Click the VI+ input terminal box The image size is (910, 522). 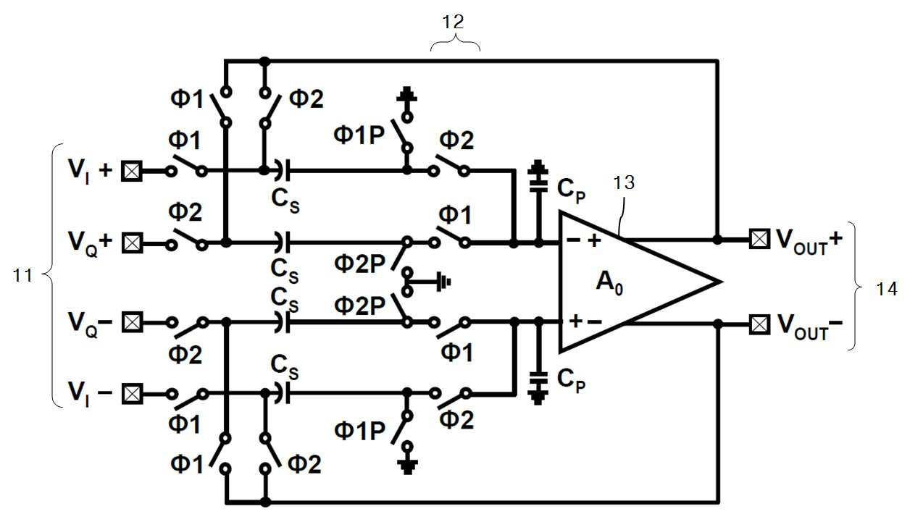[132, 172]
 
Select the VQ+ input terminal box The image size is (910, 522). [132, 243]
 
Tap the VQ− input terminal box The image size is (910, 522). [132, 323]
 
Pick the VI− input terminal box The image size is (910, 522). [132, 394]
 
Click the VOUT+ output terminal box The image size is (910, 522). [759, 239]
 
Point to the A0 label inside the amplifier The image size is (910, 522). [609, 282]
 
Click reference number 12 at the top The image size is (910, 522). [453, 22]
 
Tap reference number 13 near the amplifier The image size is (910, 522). [624, 183]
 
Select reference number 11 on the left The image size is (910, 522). [22, 276]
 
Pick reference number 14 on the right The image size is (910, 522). [886, 290]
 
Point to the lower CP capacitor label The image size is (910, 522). [571, 380]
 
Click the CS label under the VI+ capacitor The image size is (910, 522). [285, 201]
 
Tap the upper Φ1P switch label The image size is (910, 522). [359, 135]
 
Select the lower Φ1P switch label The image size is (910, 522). [359, 431]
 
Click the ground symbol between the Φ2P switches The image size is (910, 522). [443, 282]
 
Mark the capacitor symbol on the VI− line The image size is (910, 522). [282, 393]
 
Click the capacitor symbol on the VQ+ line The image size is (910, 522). [282, 243]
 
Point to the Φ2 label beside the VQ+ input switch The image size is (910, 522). [185, 212]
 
